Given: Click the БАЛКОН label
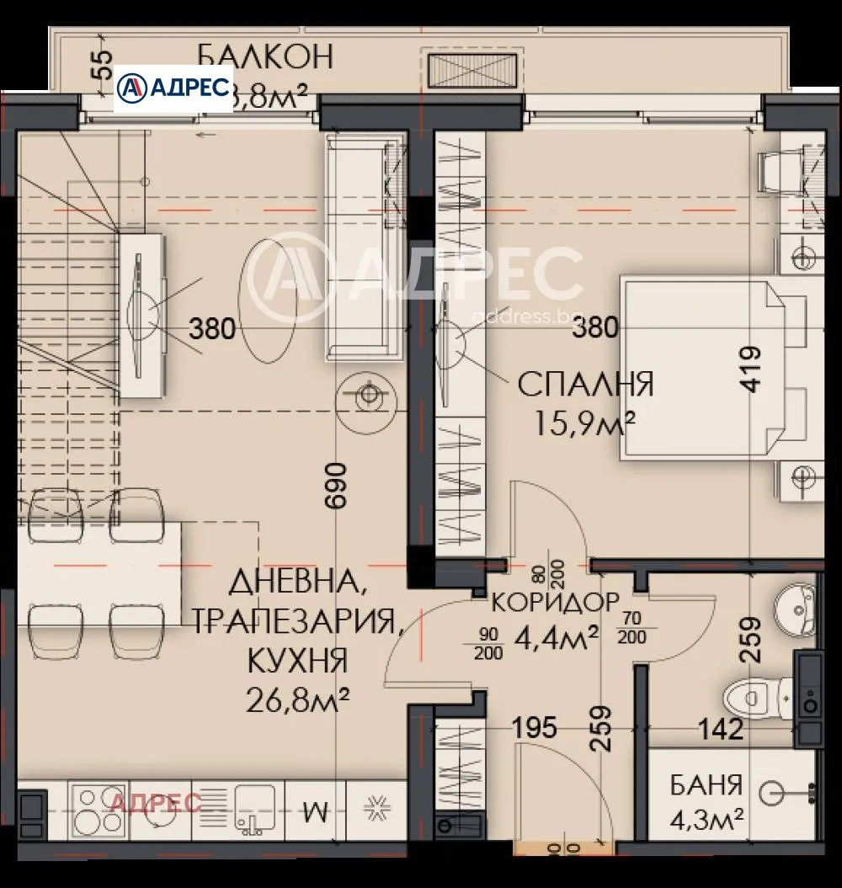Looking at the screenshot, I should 265,56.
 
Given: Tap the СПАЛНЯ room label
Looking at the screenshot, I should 585,385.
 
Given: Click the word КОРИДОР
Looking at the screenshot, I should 556,603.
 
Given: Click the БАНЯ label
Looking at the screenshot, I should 706,786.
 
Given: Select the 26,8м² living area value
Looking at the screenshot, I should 298,699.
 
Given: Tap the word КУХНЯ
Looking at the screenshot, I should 297,660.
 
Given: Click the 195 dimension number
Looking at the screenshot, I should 534,726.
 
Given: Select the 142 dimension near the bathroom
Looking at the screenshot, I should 719,729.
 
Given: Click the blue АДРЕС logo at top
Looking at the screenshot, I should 173,88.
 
